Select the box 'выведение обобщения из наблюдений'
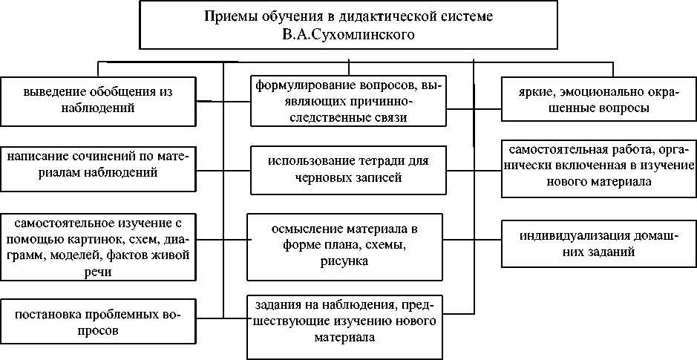98,101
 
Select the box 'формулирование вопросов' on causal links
346,100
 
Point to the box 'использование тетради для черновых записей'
346,168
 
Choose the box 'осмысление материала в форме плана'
346,241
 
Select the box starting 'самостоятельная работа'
598,168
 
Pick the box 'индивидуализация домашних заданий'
598,243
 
